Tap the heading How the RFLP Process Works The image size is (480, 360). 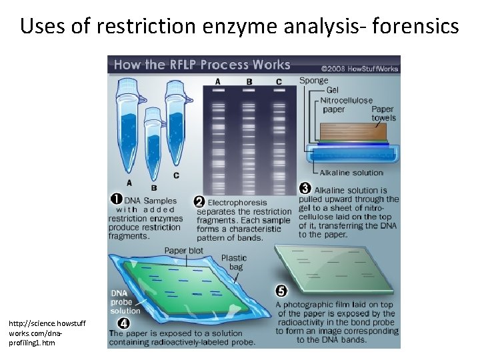pyautogui.click(x=202, y=65)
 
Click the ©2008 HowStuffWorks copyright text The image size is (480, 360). pyautogui.click(x=360, y=67)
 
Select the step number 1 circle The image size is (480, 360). pyautogui.click(x=116, y=199)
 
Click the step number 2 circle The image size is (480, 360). pyautogui.click(x=199, y=201)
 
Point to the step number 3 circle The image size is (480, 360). pyautogui.click(x=305, y=189)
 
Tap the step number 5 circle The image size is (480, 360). pyautogui.click(x=281, y=291)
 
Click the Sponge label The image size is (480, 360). pyautogui.click(x=313, y=81)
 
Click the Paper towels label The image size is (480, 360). pyautogui.click(x=383, y=113)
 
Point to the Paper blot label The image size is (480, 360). pyautogui.click(x=183, y=251)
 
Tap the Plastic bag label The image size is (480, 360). pyautogui.click(x=233, y=262)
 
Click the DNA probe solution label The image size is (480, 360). pyautogui.click(x=125, y=302)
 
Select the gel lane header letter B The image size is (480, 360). pyautogui.click(x=249, y=82)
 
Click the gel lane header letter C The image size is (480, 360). pyautogui.click(x=278, y=82)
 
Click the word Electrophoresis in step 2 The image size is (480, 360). pyautogui.click(x=237, y=202)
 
